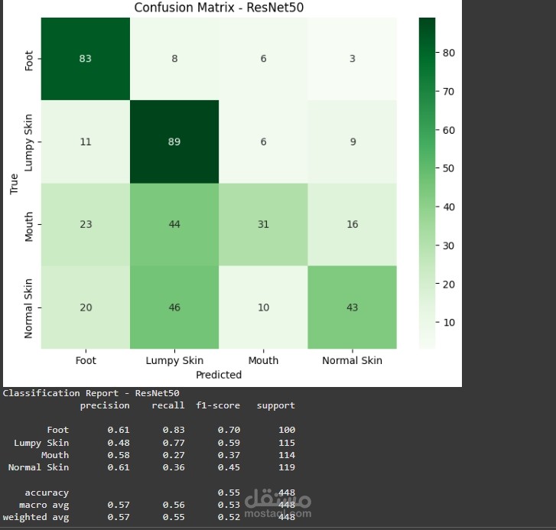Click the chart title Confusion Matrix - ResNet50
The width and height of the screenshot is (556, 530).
[219, 8]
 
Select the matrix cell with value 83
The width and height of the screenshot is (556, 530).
[85, 59]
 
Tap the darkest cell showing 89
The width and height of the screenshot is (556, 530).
[174, 141]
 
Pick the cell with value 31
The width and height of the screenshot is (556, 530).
[263, 224]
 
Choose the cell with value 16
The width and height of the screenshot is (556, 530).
[352, 224]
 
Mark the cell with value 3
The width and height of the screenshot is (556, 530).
[352, 59]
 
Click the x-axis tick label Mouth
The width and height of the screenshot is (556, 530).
[263, 360]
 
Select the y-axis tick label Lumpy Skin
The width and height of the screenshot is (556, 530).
[29, 141]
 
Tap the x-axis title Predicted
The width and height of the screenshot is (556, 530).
[218, 375]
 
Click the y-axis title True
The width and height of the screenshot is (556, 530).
[14, 184]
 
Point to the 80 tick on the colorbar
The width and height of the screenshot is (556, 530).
[450, 53]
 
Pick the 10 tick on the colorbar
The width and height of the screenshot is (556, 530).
[450, 322]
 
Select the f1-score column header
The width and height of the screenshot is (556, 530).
[218, 405]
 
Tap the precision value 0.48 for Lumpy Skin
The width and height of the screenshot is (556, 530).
[119, 443]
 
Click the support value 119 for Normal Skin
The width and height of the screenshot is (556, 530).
[287, 467]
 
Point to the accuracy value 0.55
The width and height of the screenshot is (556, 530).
[229, 493]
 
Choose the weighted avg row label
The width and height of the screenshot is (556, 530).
[36, 518]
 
